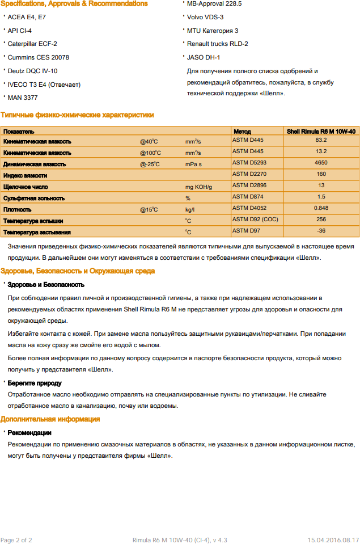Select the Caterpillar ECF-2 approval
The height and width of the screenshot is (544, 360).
tap(32, 44)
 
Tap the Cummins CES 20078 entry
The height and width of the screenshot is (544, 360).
tap(39, 57)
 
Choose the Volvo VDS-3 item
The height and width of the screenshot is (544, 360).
tap(205, 17)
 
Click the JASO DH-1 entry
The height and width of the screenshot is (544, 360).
tap(204, 57)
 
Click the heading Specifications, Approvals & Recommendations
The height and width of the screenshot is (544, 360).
tap(74, 4)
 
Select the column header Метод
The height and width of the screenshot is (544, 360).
tap(242, 131)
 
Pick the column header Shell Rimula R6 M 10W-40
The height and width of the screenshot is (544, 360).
tap(321, 131)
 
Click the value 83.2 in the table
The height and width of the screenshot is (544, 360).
tap(321, 140)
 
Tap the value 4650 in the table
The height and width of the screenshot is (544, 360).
tap(321, 163)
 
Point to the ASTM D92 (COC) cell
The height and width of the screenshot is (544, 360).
tap(255, 220)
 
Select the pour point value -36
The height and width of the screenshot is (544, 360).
tap(321, 231)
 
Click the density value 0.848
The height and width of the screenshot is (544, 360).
tap(321, 208)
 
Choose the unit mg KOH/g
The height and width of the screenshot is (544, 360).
tap(198, 187)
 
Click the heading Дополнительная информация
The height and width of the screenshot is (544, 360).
tap(50, 419)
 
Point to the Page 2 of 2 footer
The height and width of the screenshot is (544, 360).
tap(16, 540)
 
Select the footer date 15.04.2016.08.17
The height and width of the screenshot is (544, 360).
tap(333, 540)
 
